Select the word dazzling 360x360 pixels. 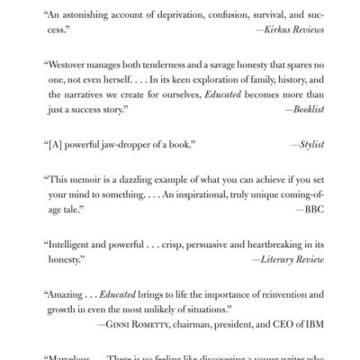pos(162,178)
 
